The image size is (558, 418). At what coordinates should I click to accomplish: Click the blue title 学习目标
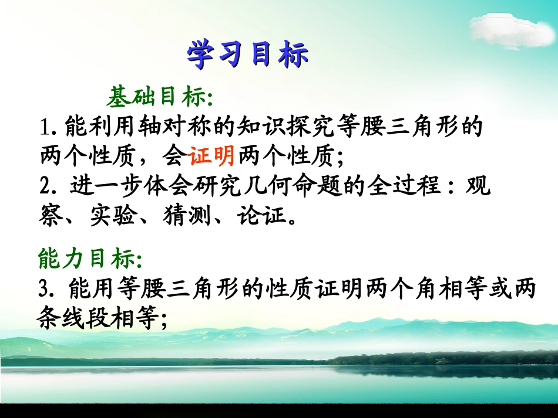point(247,55)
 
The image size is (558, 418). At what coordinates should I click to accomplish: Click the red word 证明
point(211,155)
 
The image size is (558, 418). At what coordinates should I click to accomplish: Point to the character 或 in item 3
point(493,289)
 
